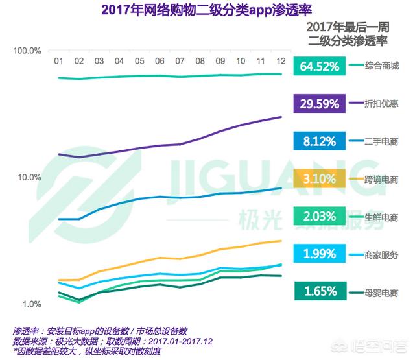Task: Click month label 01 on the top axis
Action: tap(58, 62)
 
